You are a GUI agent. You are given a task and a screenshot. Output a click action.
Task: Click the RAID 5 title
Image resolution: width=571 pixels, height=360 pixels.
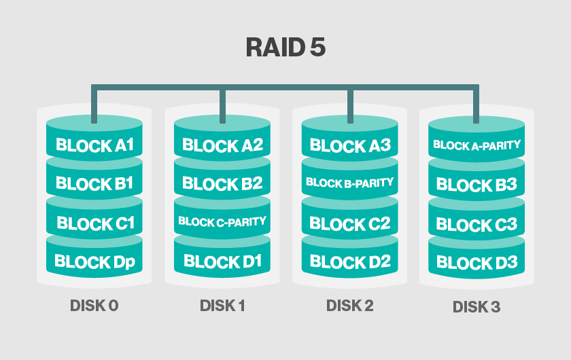pos(285,48)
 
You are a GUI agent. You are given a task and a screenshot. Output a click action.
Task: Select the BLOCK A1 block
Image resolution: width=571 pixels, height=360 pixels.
pos(94,145)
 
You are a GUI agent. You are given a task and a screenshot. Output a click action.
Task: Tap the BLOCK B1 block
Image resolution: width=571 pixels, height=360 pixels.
pos(94,183)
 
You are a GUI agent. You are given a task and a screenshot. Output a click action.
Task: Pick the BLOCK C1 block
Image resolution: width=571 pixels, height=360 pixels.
pos(94,223)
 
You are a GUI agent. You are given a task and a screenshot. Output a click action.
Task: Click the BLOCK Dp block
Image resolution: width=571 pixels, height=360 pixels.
pos(94,262)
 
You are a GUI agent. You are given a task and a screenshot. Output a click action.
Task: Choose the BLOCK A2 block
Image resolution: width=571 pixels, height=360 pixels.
pos(222,145)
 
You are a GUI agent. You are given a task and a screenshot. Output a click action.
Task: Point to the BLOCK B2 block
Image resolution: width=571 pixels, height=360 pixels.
pos(222,183)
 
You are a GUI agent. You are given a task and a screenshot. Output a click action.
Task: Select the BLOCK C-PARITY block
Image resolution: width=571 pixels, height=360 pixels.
pos(222,221)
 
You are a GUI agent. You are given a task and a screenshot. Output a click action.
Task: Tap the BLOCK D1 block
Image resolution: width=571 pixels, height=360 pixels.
pos(222,262)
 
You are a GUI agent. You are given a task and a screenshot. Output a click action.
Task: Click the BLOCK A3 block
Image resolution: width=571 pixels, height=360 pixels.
pos(349,145)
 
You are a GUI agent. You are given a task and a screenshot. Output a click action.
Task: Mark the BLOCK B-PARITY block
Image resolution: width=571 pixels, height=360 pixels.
pos(349,183)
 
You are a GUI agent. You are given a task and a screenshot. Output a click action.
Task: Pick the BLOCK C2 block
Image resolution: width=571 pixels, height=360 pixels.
pos(349,223)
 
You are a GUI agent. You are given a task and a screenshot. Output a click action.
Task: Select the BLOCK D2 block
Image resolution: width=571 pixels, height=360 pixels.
pos(349,262)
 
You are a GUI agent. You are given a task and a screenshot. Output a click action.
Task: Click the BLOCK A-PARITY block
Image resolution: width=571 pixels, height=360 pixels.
pos(477,145)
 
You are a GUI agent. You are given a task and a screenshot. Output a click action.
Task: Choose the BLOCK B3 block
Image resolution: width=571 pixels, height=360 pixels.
pos(477,184)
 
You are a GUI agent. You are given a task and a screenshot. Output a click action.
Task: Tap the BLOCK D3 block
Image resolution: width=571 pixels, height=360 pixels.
pos(477,262)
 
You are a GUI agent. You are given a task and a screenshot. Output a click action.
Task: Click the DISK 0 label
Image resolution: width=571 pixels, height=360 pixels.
pos(94,306)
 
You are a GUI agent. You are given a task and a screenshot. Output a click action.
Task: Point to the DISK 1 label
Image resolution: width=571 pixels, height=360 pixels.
pos(222,306)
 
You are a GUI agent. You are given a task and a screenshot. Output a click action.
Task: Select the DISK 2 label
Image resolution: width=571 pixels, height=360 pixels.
pos(349,306)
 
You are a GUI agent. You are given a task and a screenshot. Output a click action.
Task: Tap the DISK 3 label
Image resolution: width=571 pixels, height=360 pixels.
pos(477,307)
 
